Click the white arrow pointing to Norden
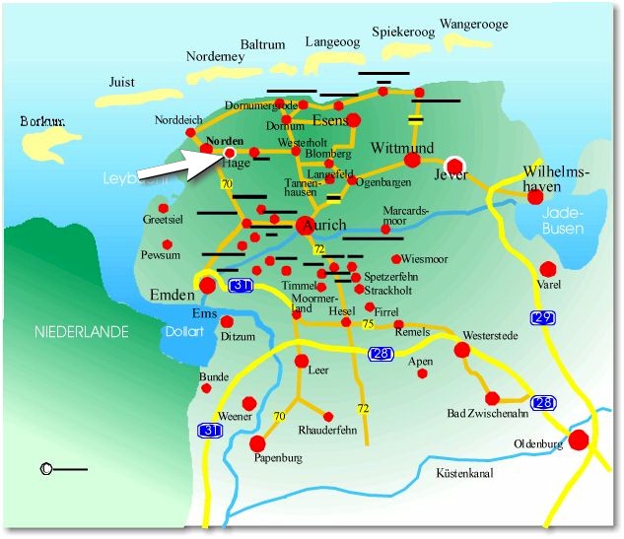click(177, 168)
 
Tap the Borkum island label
click(41, 121)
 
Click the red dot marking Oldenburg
click(579, 438)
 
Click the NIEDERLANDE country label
click(83, 332)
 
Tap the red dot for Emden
click(208, 285)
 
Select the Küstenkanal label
click(468, 474)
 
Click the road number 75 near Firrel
click(368, 325)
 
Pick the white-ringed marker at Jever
click(454, 165)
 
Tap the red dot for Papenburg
click(257, 442)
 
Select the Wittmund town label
click(402, 148)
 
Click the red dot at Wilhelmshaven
click(534, 196)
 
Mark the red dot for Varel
click(548, 268)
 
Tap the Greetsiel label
click(163, 221)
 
